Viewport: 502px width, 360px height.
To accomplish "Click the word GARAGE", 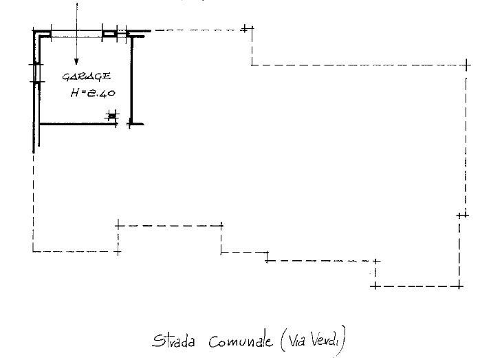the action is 87,76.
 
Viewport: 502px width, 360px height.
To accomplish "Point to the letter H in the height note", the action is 75,93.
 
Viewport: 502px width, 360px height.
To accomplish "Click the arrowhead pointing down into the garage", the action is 76,61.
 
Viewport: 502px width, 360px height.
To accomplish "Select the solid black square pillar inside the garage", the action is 111,115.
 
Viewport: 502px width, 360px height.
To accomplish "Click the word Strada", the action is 173,341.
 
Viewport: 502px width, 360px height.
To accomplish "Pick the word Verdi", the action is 325,340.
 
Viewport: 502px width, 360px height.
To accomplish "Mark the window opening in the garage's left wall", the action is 37,73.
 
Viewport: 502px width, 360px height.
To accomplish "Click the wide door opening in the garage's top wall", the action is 77,34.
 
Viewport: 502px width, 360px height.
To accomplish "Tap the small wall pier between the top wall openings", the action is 110,34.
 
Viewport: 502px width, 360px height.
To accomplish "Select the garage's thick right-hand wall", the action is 131,80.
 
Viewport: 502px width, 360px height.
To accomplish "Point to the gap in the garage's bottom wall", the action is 123,124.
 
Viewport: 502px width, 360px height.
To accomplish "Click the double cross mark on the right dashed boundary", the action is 463,215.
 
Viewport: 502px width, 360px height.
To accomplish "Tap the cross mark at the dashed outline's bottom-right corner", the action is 459,286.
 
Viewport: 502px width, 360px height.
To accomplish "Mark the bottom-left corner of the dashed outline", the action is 33,251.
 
